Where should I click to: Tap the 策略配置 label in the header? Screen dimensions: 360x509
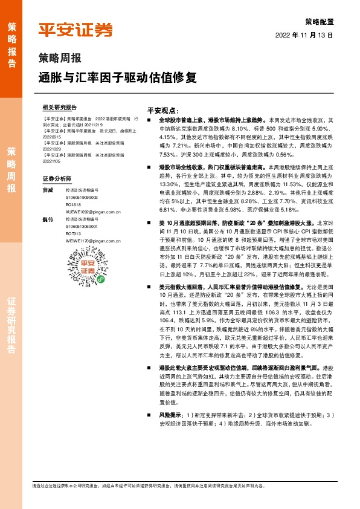(x=320, y=21)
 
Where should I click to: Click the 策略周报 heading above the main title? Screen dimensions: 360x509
(x=59, y=59)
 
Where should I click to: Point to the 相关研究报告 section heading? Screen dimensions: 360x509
(x=60, y=106)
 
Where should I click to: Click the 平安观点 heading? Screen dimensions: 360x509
(x=163, y=111)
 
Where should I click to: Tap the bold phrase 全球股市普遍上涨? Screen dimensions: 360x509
(x=179, y=120)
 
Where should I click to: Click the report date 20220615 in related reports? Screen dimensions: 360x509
(x=52, y=137)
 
